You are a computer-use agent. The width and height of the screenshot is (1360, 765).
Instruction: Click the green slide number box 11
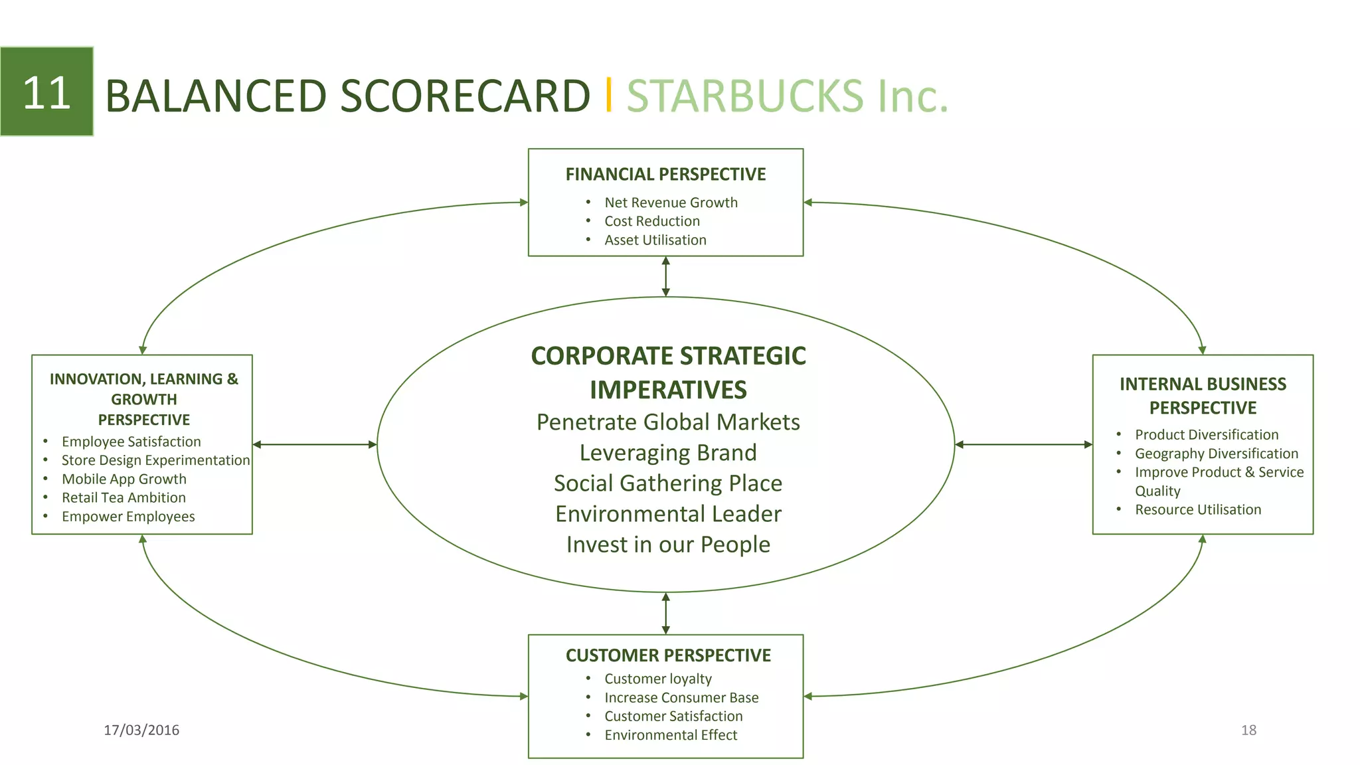tap(46, 92)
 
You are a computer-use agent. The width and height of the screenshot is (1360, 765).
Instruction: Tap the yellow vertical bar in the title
tap(608, 94)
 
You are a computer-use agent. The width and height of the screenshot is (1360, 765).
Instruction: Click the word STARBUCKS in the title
tap(744, 96)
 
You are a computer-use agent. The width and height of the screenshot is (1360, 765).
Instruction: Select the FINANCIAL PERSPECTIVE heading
tap(665, 174)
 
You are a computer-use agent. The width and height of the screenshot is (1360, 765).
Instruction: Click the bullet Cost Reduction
tap(651, 221)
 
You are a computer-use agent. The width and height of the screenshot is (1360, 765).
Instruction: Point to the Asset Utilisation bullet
tap(655, 240)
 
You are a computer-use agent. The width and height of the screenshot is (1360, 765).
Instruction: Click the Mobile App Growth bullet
tap(124, 479)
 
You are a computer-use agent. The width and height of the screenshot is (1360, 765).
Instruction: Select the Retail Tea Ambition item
tap(124, 497)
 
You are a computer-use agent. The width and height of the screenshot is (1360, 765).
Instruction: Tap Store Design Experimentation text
tap(155, 460)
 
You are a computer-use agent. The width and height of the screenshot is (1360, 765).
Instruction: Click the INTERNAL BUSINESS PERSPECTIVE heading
tap(1203, 395)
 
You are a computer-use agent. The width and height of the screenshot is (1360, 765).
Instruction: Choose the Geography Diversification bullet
tap(1216, 454)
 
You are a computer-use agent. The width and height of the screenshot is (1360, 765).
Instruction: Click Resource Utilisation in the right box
tap(1197, 509)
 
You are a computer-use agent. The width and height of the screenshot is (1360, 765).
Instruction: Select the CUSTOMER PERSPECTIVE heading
tap(668, 655)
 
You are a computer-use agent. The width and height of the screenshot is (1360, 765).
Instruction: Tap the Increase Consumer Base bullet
tap(681, 697)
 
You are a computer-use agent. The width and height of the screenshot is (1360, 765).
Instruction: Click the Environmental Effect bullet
tap(670, 734)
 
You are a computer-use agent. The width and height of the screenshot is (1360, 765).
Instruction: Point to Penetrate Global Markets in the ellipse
tap(668, 422)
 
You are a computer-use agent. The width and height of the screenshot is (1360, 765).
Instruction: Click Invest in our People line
tap(668, 545)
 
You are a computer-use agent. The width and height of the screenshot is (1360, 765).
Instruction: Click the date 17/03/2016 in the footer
tap(141, 730)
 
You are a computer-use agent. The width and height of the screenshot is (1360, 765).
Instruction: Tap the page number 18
tap(1248, 730)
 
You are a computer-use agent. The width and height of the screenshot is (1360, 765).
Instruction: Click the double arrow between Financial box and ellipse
tap(666, 276)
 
